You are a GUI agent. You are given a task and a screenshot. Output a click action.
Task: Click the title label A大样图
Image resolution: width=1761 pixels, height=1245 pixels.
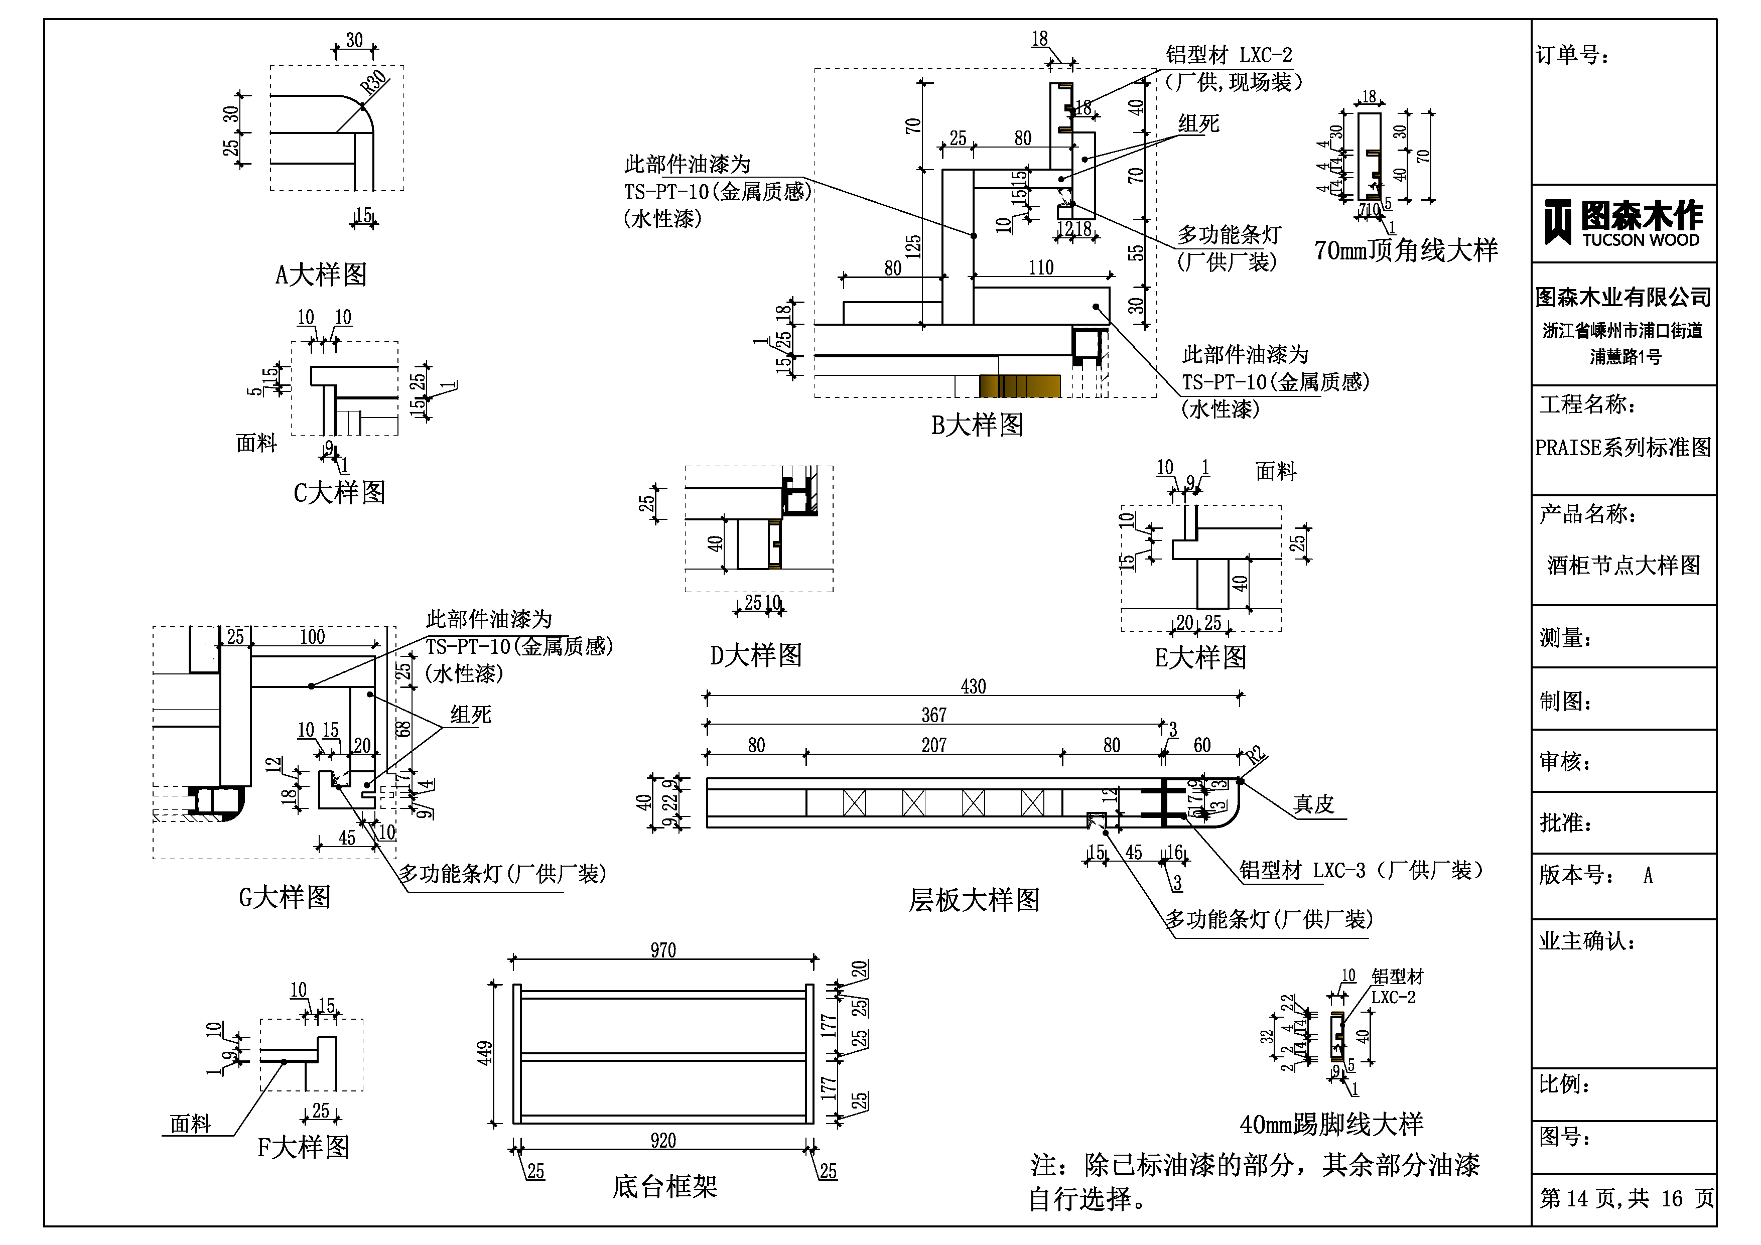pos(321,274)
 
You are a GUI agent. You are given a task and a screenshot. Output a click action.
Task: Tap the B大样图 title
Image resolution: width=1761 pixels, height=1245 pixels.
pos(977,424)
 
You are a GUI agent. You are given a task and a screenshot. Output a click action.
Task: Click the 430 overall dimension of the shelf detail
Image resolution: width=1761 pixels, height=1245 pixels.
pos(973,686)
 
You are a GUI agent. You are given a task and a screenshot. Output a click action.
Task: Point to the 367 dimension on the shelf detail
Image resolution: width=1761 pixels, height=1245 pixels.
pos(933,715)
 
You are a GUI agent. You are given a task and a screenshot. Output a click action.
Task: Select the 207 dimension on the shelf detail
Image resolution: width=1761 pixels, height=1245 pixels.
pos(933,745)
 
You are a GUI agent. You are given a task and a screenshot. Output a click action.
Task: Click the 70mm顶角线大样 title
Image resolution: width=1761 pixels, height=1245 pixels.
pos(1405,250)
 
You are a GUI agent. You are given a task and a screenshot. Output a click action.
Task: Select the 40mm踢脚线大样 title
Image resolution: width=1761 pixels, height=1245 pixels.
pos(1331,1124)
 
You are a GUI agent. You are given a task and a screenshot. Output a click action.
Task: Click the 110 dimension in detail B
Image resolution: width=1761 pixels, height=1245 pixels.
pos(1041,267)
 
